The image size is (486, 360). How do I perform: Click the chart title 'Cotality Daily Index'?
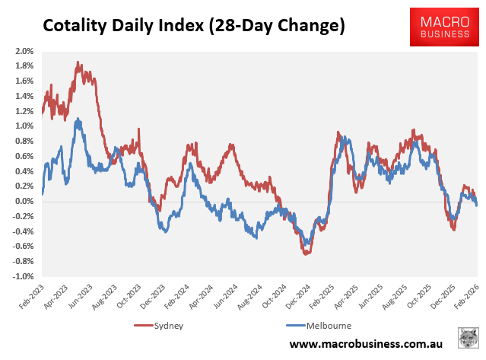pos(193,25)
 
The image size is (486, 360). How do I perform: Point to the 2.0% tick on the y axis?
pos(23,51)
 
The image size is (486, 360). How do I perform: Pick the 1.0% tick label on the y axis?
pos(23,126)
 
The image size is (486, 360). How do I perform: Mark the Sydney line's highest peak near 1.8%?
pos(78,64)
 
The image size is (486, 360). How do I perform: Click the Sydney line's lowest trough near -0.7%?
pos(306,253)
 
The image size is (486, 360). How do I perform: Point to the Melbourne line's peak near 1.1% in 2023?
pos(77,119)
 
